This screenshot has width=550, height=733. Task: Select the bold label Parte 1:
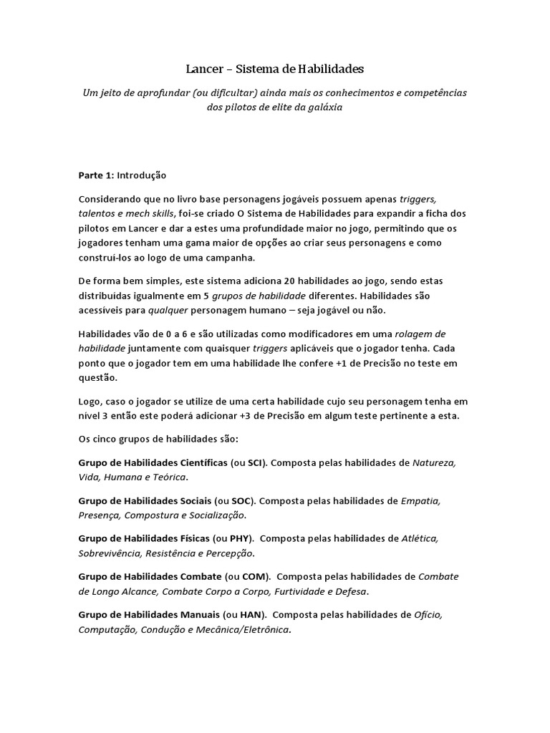point(96,175)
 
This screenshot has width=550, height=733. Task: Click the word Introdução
point(141,175)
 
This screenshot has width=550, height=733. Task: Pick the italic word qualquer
point(168,310)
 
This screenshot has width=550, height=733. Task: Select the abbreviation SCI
point(256,463)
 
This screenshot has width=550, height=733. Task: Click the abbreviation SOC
point(243,501)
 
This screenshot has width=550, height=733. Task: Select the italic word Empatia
point(421,501)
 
